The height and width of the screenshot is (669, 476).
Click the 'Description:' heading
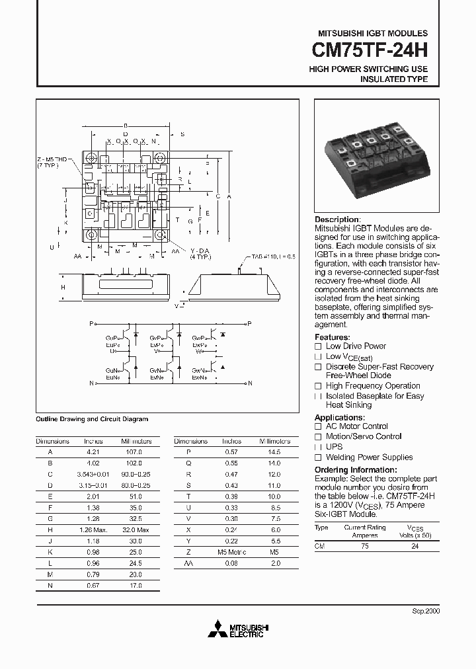coord(338,219)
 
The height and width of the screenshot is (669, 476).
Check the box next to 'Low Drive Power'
coord(318,346)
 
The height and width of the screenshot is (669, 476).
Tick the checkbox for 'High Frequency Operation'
coord(318,386)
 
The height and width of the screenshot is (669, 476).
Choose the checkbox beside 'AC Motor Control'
coord(318,427)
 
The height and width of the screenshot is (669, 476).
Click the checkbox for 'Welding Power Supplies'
coord(318,457)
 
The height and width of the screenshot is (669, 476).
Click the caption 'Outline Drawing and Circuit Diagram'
coord(91,419)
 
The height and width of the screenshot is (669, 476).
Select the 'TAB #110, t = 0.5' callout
coord(272,256)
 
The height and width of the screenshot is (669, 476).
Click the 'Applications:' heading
coord(339,417)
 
